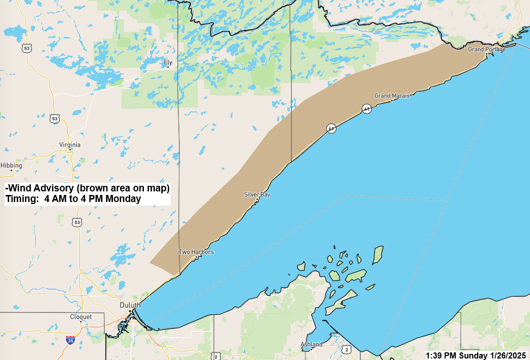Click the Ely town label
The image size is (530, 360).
tap(168, 63)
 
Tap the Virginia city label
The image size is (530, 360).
tap(69, 144)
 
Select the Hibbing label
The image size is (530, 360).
tap(11, 166)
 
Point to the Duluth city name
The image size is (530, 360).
tap(130, 305)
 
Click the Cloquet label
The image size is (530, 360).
tap(81, 317)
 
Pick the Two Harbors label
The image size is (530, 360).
tap(196, 252)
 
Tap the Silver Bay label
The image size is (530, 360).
tap(257, 194)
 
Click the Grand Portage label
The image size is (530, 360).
tap(486, 49)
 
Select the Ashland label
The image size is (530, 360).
tap(311, 344)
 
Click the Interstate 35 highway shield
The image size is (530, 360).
tap(70, 340)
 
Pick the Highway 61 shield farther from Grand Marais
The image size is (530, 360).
tap(331, 128)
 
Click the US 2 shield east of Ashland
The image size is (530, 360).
tap(346, 349)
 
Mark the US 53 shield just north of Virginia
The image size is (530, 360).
tap(55, 119)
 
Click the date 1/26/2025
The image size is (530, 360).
tap(508, 355)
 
